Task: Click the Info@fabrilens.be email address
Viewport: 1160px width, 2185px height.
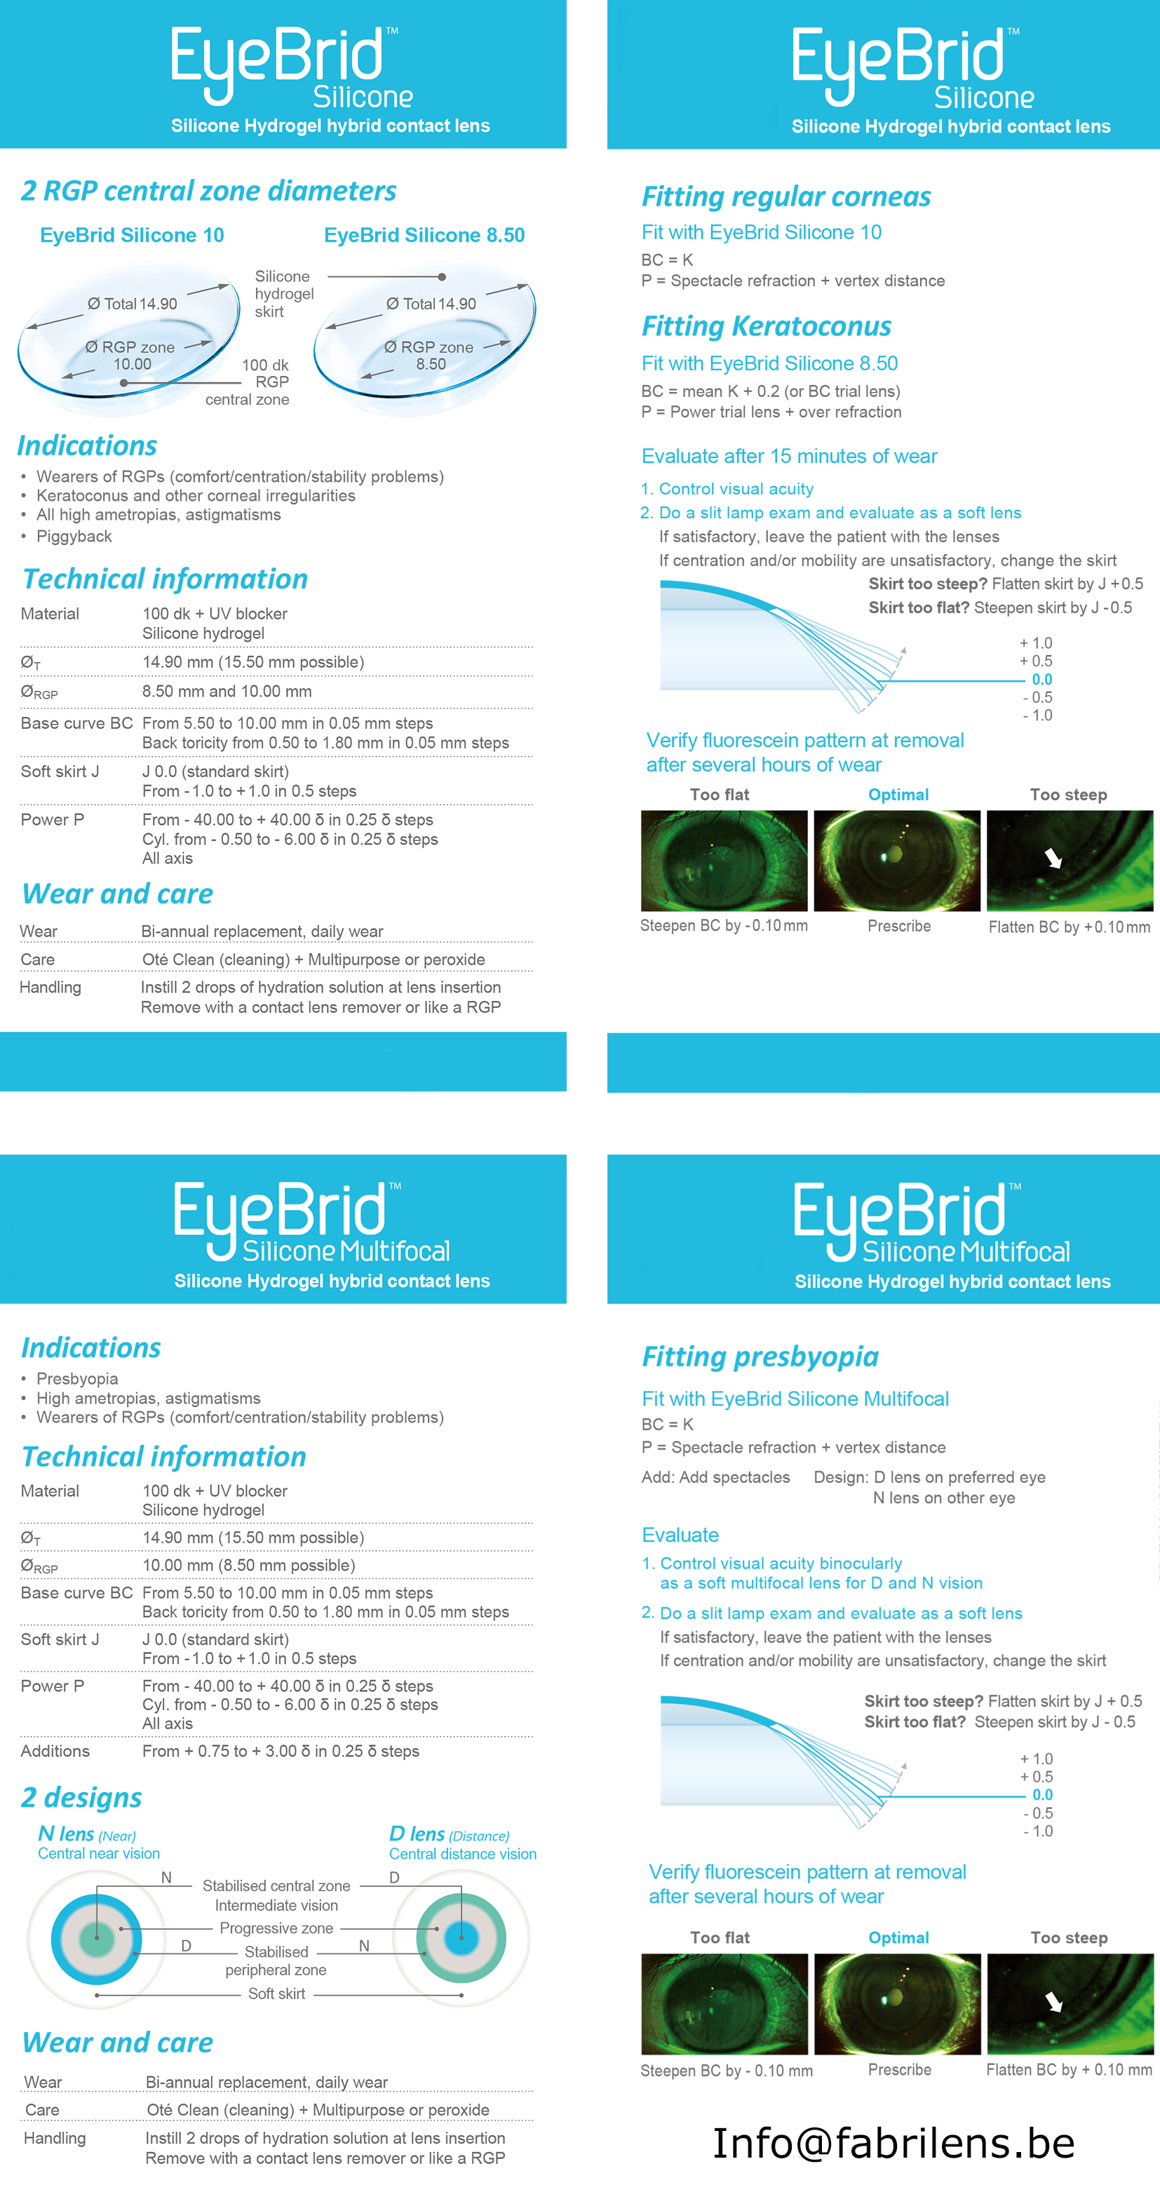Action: [893, 2144]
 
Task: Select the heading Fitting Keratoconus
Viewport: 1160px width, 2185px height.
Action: [766, 327]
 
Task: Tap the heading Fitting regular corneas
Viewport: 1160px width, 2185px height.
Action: [785, 197]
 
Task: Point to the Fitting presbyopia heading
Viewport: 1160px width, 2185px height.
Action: [760, 1357]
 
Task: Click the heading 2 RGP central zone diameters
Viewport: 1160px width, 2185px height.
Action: [208, 191]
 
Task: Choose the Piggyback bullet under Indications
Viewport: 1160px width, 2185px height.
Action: [74, 536]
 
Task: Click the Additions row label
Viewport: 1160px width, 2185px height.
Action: [55, 1751]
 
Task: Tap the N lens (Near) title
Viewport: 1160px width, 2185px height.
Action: [86, 1834]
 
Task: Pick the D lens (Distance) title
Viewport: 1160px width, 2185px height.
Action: [449, 1834]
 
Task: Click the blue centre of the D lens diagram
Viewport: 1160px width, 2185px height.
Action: [461, 1938]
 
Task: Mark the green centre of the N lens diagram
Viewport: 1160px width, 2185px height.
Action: [97, 1938]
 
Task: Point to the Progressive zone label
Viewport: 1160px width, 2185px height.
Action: [276, 1928]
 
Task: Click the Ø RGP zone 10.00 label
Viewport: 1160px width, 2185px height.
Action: [130, 356]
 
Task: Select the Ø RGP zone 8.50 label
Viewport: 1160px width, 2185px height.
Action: [429, 356]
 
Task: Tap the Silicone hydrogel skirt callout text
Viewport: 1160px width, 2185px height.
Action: [284, 293]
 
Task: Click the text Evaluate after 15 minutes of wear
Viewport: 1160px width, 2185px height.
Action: [788, 457]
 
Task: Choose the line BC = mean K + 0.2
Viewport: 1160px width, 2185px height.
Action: [770, 391]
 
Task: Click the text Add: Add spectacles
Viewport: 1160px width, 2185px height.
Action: [715, 1477]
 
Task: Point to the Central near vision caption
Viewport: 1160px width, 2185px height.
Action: [98, 1853]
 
